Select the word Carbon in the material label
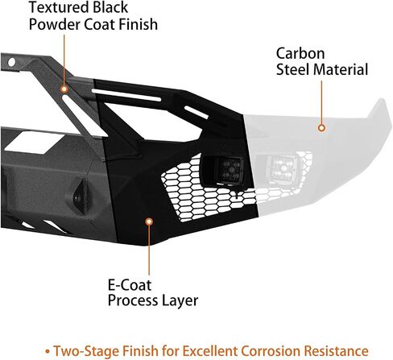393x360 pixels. pos(300,53)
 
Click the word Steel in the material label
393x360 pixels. pos(293,69)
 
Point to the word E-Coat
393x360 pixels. pos(130,285)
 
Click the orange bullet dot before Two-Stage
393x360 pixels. pos(48,351)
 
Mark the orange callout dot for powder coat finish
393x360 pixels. pos(64,89)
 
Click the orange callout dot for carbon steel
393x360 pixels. pos(321,128)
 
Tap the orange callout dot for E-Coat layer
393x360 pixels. pos(149,221)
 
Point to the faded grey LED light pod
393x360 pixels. pos(281,168)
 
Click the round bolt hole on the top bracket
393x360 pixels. pos(11,62)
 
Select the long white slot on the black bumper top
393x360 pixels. pos(126,95)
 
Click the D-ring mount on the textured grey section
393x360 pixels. pos(79,195)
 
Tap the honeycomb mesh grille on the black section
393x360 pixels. pos(204,193)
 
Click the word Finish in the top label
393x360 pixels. pos(139,24)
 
